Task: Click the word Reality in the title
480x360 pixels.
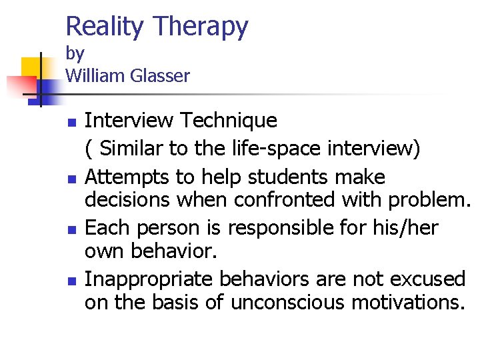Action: pos(105,27)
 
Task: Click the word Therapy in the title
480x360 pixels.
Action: pos(201,27)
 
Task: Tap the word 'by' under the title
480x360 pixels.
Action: pos(75,53)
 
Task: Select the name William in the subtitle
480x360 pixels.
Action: pos(95,76)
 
